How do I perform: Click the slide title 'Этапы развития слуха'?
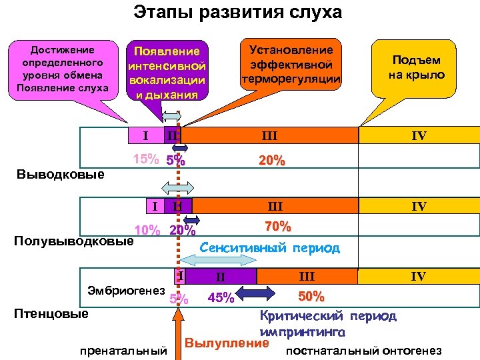coord(237,12)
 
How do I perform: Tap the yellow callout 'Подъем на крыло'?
coord(416,67)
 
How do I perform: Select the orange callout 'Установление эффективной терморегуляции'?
coord(290,65)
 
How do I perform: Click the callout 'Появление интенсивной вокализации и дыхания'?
coord(167,72)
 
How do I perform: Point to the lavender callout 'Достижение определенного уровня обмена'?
coord(57,69)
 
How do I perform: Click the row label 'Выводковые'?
coord(59,175)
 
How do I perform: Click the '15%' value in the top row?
coord(146,160)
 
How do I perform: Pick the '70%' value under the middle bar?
coord(277,227)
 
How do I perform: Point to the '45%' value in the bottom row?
coord(221,298)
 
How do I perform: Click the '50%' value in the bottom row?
coord(311,295)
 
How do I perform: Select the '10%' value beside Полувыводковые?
coord(147,231)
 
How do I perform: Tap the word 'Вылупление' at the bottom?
coord(226,343)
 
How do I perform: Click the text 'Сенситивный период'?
coord(269,247)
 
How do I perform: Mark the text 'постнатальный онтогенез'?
coord(363,351)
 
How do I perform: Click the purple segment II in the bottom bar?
coord(221,276)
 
